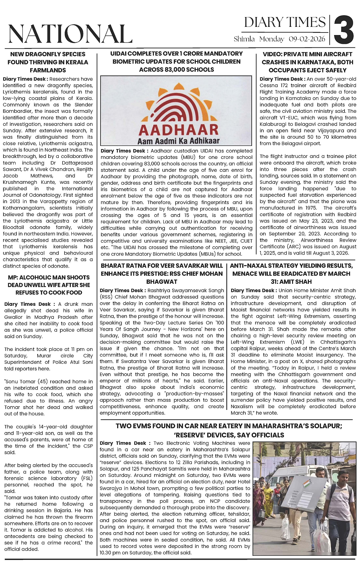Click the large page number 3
pos(344,30)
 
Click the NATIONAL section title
pos(70,33)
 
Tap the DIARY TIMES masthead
pos(285,22)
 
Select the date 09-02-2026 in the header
pos(307,39)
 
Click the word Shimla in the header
pos(244,39)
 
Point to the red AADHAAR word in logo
pos(178,129)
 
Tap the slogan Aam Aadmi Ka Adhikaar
pos(178,141)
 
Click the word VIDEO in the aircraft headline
pos(273,54)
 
